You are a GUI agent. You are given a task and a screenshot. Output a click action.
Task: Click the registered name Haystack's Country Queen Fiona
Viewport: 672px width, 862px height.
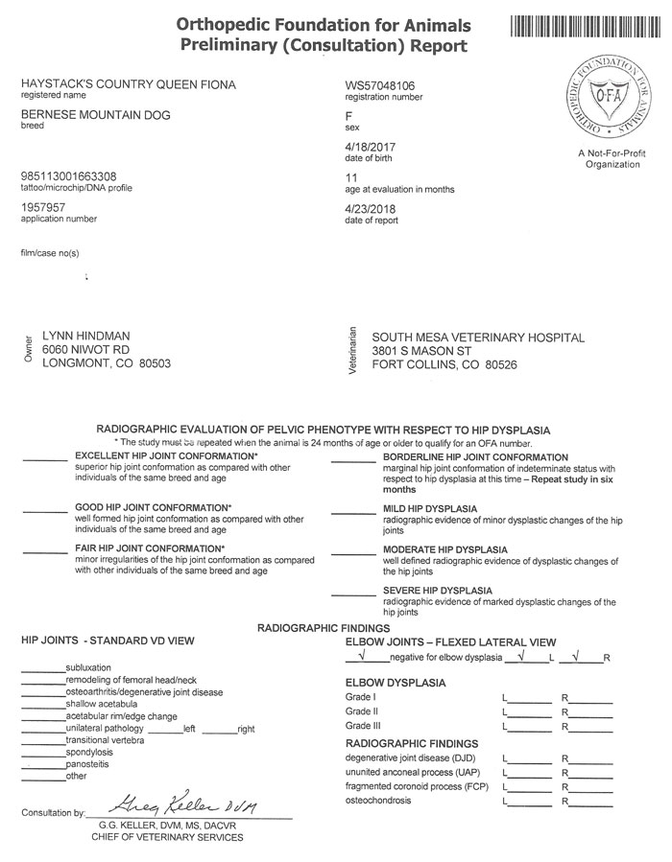point(128,84)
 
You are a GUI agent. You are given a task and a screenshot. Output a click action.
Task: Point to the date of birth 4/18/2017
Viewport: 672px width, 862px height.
point(370,147)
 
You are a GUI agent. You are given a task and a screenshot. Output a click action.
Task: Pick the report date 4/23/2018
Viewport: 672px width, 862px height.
point(370,208)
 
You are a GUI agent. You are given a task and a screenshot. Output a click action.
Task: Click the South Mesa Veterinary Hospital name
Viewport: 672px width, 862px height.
point(477,338)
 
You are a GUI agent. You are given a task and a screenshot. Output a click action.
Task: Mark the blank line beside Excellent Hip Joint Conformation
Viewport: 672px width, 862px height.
point(44,460)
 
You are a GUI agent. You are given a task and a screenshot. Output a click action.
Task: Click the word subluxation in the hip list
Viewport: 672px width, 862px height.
point(88,666)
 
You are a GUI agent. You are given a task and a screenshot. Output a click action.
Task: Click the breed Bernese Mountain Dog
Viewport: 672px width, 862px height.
point(95,115)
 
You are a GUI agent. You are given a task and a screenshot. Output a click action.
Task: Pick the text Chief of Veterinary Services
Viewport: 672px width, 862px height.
point(167,836)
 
